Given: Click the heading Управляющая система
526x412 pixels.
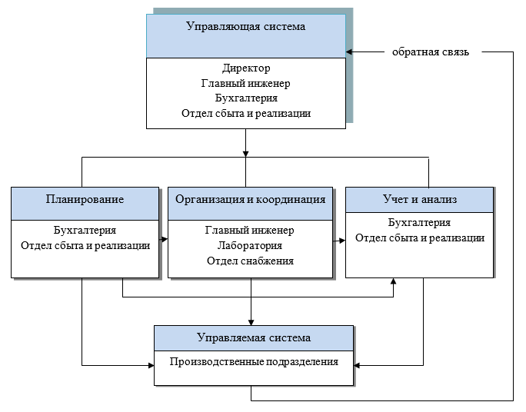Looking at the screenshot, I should pos(246,26).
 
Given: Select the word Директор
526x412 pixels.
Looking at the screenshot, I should pos(246,68).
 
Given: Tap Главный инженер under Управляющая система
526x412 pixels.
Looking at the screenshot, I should pos(246,83).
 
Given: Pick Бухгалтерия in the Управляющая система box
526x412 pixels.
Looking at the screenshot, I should pos(246,98).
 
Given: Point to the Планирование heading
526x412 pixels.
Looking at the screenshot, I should pos(85,199).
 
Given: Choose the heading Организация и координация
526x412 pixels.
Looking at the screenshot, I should pos(251,199).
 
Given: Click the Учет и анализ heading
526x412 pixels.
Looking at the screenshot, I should pos(420,199).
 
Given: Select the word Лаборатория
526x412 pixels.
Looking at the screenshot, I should pos(249,246).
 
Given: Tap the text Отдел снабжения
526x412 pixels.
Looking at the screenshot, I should pos(249,261).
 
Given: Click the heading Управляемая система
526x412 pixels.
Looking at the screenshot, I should pos(254,337).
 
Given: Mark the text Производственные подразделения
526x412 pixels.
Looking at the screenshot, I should pos(254,360).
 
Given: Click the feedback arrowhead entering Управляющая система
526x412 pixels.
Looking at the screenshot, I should pos(350,52).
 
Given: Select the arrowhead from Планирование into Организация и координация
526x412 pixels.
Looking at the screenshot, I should pos(165,240).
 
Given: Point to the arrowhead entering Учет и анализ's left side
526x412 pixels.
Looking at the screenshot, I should pos(341,240).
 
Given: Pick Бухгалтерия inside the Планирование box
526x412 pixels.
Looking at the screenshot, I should pos(85,230).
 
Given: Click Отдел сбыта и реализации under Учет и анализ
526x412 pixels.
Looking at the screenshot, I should pos(420,238).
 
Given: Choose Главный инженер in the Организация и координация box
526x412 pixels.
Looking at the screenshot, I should pos(249,230).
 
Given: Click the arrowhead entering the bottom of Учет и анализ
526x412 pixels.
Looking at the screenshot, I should pos(393,281).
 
